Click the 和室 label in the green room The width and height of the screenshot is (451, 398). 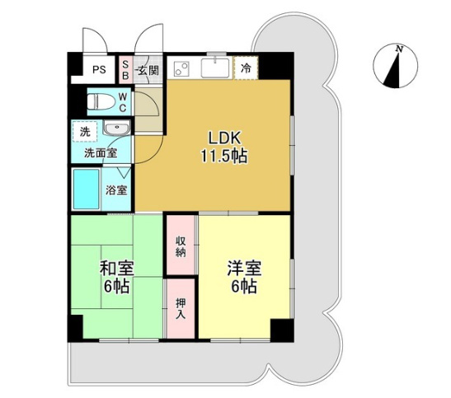click(x=116, y=269)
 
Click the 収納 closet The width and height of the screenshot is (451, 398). click(x=181, y=245)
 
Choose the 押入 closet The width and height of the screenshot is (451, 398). click(x=181, y=307)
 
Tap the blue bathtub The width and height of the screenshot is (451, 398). click(x=86, y=189)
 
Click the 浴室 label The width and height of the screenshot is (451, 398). click(x=116, y=191)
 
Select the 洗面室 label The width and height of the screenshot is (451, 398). click(x=100, y=152)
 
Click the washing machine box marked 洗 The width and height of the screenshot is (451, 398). click(x=85, y=131)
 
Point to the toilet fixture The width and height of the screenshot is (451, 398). click(x=100, y=101)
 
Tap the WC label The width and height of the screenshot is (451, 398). click(x=122, y=103)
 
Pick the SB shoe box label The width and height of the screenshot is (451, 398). click(x=125, y=70)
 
